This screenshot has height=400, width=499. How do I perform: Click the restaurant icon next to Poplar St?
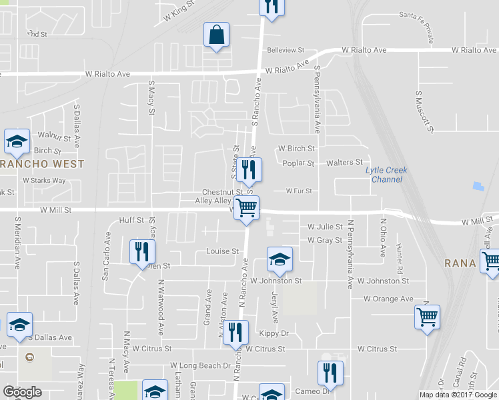[249, 170]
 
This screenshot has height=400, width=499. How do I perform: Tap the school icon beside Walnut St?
[16, 142]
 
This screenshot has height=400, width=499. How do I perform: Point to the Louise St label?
[223, 251]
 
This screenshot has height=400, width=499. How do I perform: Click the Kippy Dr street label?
[275, 333]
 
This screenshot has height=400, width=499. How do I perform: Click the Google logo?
[22, 392]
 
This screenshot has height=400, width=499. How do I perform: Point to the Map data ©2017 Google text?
[458, 394]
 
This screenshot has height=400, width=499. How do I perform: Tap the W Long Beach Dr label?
[200, 365]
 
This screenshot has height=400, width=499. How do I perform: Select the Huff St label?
[131, 220]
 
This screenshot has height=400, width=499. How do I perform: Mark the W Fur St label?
[299, 191]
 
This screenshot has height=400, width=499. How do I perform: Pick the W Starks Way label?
[44, 180]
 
